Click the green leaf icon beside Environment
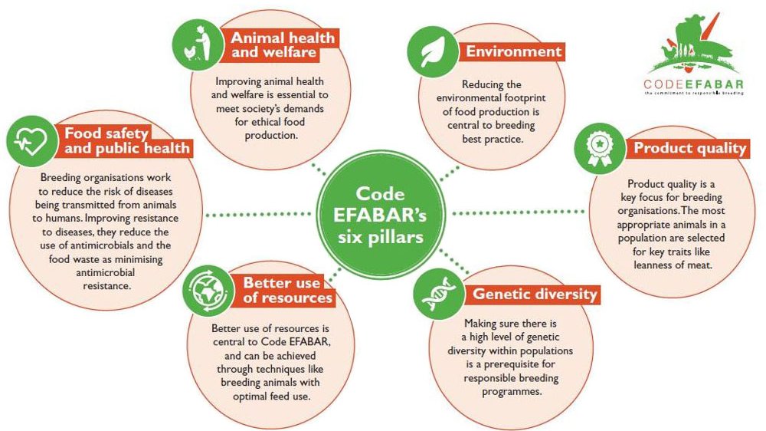433,51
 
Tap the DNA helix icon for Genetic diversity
439,294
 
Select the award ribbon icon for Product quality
600,148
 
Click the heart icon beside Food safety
31,141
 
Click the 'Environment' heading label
513,51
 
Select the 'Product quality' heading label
690,148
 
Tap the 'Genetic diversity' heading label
535,294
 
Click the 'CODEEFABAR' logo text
694,84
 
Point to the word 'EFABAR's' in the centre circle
380,215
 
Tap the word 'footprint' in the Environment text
520,98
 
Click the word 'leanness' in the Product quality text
653,265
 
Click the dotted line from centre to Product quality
519,212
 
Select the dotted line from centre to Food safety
258,214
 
